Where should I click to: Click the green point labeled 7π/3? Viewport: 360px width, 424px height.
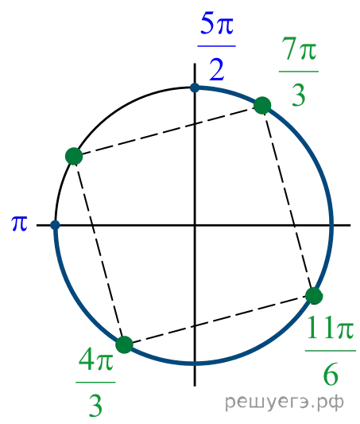[262, 106]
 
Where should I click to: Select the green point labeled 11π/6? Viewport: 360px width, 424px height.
[314, 296]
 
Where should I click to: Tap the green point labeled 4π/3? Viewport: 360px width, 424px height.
[124, 345]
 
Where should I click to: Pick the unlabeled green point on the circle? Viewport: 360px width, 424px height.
[74, 156]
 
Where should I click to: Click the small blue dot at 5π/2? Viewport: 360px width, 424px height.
[195, 88]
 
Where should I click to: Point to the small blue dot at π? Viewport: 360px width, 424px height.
[55, 225]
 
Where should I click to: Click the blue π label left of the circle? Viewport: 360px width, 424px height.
[19, 224]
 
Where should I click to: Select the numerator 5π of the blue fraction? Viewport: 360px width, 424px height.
[217, 25]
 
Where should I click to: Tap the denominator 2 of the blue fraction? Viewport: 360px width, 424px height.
[217, 70]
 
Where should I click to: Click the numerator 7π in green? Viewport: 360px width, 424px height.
[299, 49]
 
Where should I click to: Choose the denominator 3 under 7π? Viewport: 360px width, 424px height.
[299, 95]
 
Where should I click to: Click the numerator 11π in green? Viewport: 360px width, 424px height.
[331, 328]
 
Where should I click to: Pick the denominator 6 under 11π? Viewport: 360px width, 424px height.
[331, 375]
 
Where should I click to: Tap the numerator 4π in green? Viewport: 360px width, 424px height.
[96, 360]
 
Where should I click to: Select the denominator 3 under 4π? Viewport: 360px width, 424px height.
[95, 406]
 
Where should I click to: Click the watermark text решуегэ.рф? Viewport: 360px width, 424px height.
[285, 402]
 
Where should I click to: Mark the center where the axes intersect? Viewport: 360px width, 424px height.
[195, 225]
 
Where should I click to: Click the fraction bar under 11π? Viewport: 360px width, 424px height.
[331, 351]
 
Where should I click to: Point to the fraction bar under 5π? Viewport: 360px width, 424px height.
[217, 46]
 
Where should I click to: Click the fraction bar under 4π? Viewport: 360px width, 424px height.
[95, 383]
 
